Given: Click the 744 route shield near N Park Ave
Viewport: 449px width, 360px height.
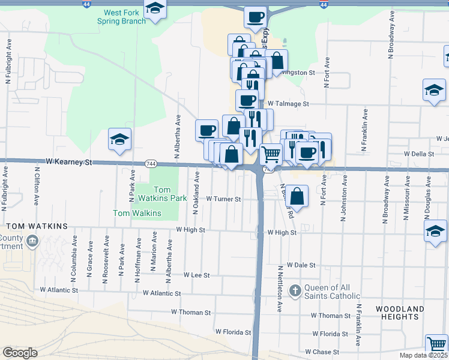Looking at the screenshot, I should tap(150, 163).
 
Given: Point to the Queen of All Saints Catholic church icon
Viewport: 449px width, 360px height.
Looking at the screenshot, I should tap(295, 291).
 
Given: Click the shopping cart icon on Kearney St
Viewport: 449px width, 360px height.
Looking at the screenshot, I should tap(271, 154).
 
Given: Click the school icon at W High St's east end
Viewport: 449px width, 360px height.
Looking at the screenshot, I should tap(435, 231).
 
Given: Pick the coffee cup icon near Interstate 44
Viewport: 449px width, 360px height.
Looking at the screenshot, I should tap(255, 16).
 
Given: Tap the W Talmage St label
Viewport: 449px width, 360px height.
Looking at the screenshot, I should tap(288, 104).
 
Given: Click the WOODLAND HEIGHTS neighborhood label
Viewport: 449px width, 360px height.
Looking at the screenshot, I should tap(400, 313).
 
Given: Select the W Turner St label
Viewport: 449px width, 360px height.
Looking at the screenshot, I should tap(223, 199).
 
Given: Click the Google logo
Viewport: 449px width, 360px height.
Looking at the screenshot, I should tap(20, 353).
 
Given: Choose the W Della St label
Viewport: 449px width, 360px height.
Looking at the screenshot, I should tap(419, 154).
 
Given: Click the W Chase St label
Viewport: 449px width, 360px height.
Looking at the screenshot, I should tap(322, 352).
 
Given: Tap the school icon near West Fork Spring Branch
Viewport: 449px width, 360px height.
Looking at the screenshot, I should tap(155, 10).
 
